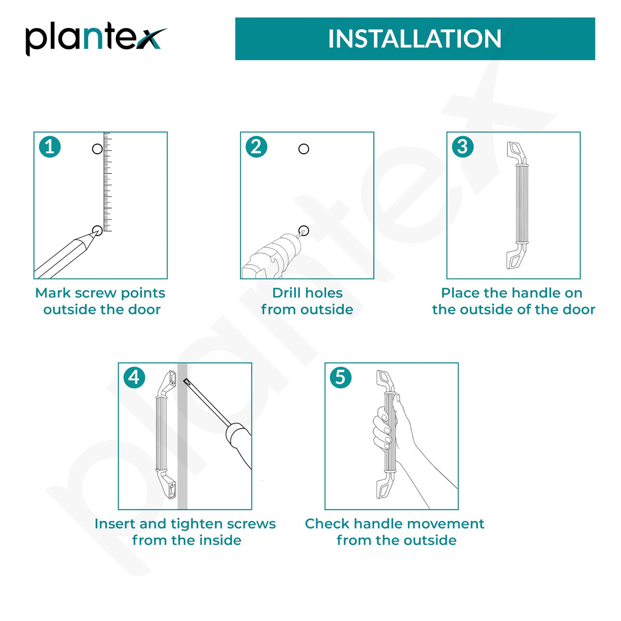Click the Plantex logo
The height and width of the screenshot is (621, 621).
click(x=96, y=39)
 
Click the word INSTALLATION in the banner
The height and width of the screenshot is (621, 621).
click(x=415, y=39)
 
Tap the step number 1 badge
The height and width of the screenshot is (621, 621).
click(x=50, y=146)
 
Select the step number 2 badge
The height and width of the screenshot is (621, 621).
click(x=256, y=146)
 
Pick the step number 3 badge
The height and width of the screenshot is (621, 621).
click(x=463, y=146)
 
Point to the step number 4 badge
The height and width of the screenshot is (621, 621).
click(x=135, y=377)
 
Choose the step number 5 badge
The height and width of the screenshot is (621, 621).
click(x=341, y=377)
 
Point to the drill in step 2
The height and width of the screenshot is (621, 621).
click(x=272, y=255)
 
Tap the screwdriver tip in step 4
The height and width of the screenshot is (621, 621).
click(x=185, y=380)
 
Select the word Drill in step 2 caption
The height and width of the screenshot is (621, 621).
click(x=286, y=293)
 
